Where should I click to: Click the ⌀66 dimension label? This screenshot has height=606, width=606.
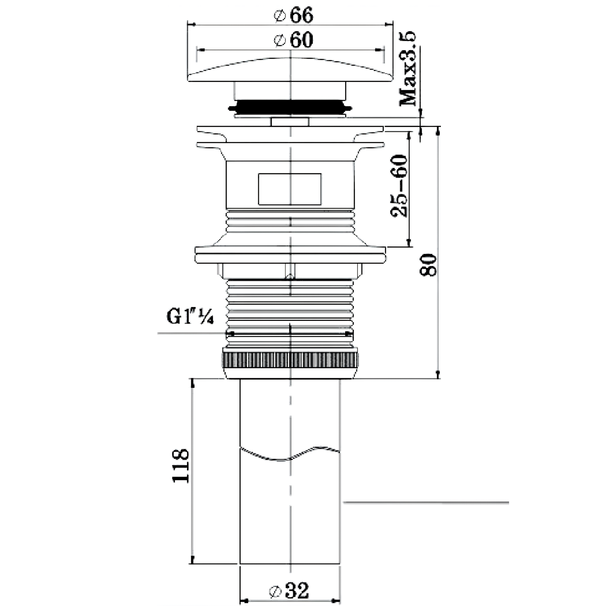coord(294,15)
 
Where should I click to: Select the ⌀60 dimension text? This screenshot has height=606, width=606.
coord(294,40)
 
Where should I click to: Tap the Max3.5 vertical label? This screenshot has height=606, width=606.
coord(407,69)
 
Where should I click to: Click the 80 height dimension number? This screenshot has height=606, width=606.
coord(428,265)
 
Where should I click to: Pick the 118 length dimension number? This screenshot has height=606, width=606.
coord(181,466)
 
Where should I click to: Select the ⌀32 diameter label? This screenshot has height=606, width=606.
coord(289,590)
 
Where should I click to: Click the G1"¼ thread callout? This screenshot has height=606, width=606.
coord(190,317)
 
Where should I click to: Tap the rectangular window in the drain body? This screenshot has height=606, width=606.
coord(290,189)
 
